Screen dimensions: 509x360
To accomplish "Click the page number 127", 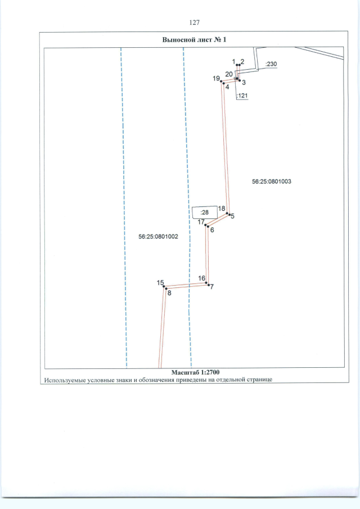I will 195,22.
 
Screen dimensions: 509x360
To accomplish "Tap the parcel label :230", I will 271,65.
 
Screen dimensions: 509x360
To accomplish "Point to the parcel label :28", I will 204,213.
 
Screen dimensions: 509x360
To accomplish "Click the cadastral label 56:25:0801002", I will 158,237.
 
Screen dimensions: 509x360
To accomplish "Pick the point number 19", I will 216,79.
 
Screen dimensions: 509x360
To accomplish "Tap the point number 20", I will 229,74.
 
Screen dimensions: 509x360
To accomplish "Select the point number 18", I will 222,208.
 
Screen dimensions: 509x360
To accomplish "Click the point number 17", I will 201,222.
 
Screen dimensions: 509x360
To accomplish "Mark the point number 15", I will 160,282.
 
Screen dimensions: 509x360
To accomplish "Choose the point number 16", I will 201,278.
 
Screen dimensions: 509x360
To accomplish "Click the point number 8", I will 169,292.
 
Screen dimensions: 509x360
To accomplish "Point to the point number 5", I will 232,216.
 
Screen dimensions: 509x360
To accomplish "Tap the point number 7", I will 211,287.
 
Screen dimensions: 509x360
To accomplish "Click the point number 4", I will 227,87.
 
